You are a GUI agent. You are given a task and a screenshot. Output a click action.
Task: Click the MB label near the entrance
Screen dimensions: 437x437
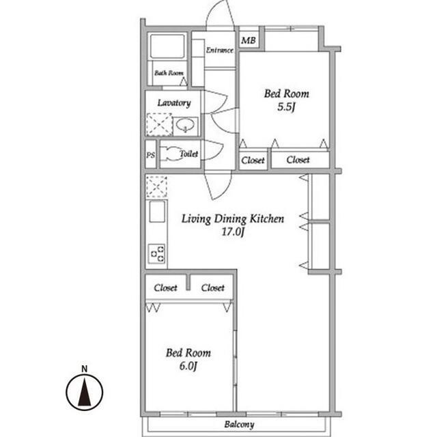point(249,41)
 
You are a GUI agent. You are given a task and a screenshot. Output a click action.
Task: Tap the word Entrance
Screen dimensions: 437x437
point(220,50)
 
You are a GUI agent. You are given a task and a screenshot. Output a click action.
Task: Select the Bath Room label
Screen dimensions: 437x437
point(169,73)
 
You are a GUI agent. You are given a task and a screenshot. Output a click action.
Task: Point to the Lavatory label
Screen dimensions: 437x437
point(174,103)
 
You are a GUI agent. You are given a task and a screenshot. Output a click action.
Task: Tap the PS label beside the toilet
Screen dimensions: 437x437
point(150,155)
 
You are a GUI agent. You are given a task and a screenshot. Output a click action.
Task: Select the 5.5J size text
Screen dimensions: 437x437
point(286,107)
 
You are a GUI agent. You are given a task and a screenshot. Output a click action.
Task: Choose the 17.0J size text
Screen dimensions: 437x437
point(233,231)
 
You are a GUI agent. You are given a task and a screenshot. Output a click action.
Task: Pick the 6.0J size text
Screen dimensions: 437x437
point(188,366)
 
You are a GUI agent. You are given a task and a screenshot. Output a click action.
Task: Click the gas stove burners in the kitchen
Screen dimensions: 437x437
point(156,253)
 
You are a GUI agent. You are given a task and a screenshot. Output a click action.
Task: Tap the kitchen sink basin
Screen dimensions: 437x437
point(157,212)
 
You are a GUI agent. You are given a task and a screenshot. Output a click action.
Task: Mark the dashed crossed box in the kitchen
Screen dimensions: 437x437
point(156,186)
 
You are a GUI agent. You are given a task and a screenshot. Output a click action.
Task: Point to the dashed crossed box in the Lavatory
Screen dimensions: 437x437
point(159,124)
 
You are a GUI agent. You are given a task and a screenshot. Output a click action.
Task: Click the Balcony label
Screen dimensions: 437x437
point(239,425)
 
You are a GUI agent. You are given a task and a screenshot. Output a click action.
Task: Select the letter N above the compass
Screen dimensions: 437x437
point(84,369)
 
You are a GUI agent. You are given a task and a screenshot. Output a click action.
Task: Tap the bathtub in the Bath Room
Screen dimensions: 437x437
point(167,46)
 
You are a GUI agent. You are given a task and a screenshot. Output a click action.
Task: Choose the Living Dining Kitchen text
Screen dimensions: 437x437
point(233,218)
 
